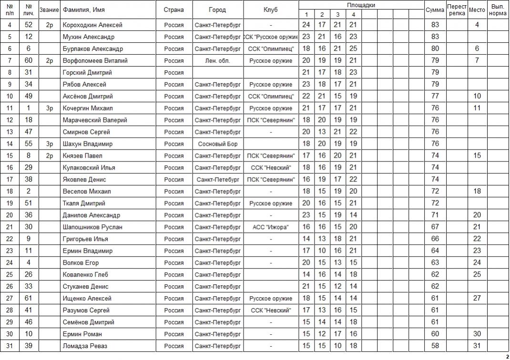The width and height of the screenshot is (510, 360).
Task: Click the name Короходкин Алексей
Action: tap(92, 25)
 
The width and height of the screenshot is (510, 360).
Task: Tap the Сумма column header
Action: tap(434, 10)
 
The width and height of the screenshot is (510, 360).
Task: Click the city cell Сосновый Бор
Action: tap(217, 144)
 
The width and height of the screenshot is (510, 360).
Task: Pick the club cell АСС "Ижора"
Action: tap(270, 227)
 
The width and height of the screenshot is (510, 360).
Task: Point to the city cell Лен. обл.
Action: tap(217, 60)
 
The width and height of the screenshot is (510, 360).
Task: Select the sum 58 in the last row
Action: tap(435, 346)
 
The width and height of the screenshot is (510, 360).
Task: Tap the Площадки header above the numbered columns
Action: tap(361, 5)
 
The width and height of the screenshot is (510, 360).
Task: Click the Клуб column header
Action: tap(270, 10)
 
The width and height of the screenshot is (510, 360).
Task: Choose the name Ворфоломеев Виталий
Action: tap(95, 60)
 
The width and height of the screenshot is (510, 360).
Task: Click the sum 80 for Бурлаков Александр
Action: tap(435, 49)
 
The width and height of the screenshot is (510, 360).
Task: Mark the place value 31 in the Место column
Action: tap(477, 346)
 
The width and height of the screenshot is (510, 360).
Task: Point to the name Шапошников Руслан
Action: tap(92, 227)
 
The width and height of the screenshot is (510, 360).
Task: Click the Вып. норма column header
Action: tap(498, 10)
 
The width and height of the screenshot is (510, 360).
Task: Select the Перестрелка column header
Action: tap(457, 10)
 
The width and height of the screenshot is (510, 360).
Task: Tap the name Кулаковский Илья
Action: tap(89, 168)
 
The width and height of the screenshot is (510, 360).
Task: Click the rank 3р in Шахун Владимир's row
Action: tap(50, 144)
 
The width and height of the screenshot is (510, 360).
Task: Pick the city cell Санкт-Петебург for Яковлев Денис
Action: tap(217, 180)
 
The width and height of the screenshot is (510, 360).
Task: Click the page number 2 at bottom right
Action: tap(507, 356)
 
